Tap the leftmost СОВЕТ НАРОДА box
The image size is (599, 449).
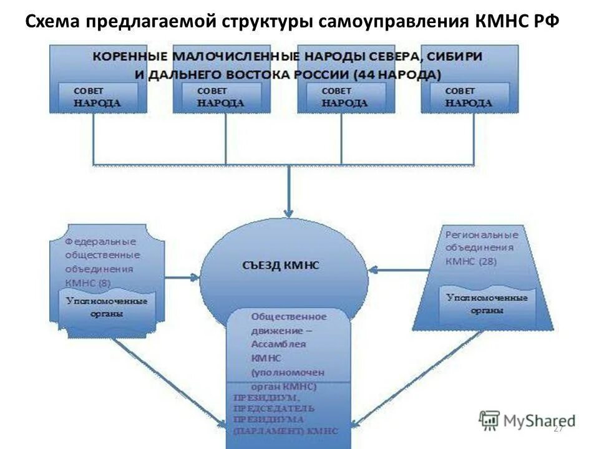coord(97,97)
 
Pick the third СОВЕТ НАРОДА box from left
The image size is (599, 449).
coord(344,97)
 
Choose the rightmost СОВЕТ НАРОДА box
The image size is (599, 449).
coord(469,97)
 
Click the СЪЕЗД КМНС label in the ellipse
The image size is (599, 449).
coord(280,265)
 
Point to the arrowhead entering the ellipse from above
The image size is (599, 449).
coord(288,212)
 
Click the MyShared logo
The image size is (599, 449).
coord(527,420)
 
